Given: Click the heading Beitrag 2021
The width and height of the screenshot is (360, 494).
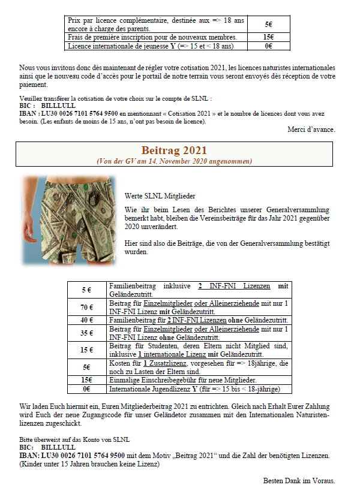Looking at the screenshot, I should coord(174,150).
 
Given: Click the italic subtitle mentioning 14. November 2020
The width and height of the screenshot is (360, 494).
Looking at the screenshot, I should coord(174,161).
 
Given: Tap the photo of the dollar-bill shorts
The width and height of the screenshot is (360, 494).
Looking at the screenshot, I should coord(67,220).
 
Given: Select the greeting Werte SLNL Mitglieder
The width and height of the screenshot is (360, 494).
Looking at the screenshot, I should coord(160,195).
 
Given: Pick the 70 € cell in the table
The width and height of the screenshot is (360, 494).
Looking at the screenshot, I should coord(86,308).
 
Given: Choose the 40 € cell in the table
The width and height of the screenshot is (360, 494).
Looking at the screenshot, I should coord(86,321).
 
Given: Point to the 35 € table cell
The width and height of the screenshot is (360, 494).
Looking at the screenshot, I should coord(86,333).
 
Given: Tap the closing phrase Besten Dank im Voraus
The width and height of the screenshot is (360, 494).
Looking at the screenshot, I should coord(299,480).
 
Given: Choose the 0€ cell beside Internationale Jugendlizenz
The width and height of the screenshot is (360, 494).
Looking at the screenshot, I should coord(86,389).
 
